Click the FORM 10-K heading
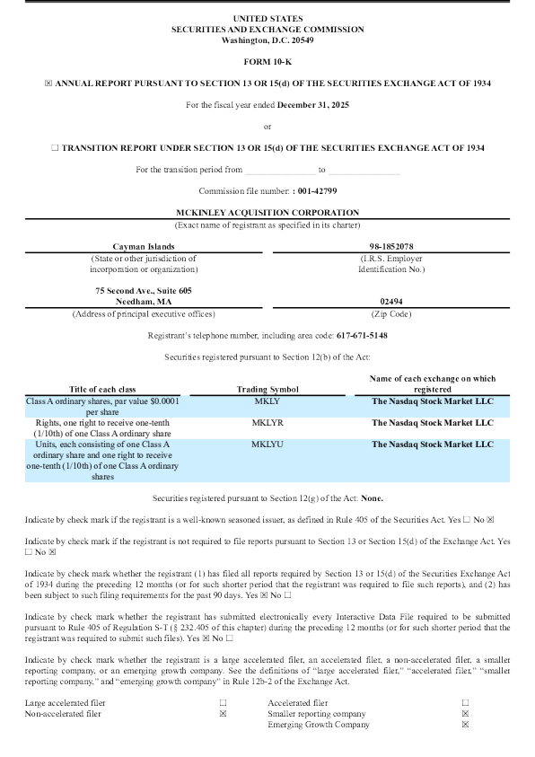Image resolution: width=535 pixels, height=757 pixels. coord(267,61)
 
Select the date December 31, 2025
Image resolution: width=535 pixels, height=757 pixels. coord(313,104)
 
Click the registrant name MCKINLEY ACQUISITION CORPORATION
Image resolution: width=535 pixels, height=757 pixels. coord(267,212)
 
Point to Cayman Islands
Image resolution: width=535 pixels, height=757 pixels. coord(144,246)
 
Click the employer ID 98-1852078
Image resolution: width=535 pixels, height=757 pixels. coord(390,246)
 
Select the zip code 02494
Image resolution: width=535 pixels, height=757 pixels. coord(390,303)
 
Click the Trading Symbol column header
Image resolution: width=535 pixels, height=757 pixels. coord(267,389)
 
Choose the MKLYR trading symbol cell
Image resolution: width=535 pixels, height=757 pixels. coord(267,422)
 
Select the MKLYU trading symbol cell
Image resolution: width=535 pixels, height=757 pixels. coord(267,444)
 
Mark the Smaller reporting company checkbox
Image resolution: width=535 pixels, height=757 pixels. coord(465,713)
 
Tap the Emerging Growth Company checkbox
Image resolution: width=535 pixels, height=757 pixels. coord(465,724)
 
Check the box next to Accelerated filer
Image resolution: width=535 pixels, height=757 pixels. coord(465,702)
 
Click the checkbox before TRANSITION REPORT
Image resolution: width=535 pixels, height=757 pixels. coord(55,147)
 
